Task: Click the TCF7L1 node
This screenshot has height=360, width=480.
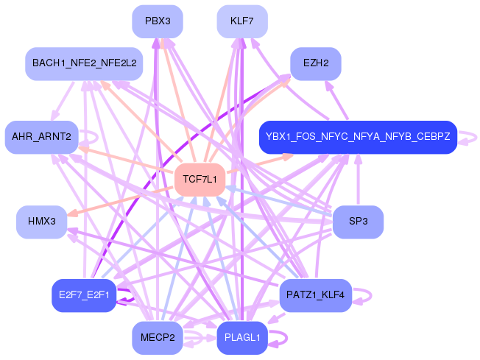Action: [x=200, y=180]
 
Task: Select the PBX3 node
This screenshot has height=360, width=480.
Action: [x=158, y=21]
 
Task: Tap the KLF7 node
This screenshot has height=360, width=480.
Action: [x=242, y=21]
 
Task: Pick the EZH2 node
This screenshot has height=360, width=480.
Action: [x=316, y=63]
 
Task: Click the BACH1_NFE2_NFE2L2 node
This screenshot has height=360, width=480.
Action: [x=84, y=63]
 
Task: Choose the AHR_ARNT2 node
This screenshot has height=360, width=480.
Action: [x=42, y=137]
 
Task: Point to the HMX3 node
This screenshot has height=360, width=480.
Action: [x=42, y=222]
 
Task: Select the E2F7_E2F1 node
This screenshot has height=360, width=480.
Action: [x=84, y=295]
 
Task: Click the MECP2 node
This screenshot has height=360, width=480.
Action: [x=158, y=338]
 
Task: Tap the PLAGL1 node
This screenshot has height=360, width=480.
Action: [x=242, y=338]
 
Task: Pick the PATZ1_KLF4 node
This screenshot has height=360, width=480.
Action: [x=316, y=295]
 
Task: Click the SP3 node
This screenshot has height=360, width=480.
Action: [x=359, y=222]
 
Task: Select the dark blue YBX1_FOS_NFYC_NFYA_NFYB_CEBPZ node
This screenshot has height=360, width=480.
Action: [x=359, y=137]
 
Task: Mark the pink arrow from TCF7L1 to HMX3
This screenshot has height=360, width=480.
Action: [x=120, y=201]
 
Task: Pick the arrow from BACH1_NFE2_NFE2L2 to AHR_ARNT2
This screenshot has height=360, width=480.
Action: [x=63, y=101]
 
